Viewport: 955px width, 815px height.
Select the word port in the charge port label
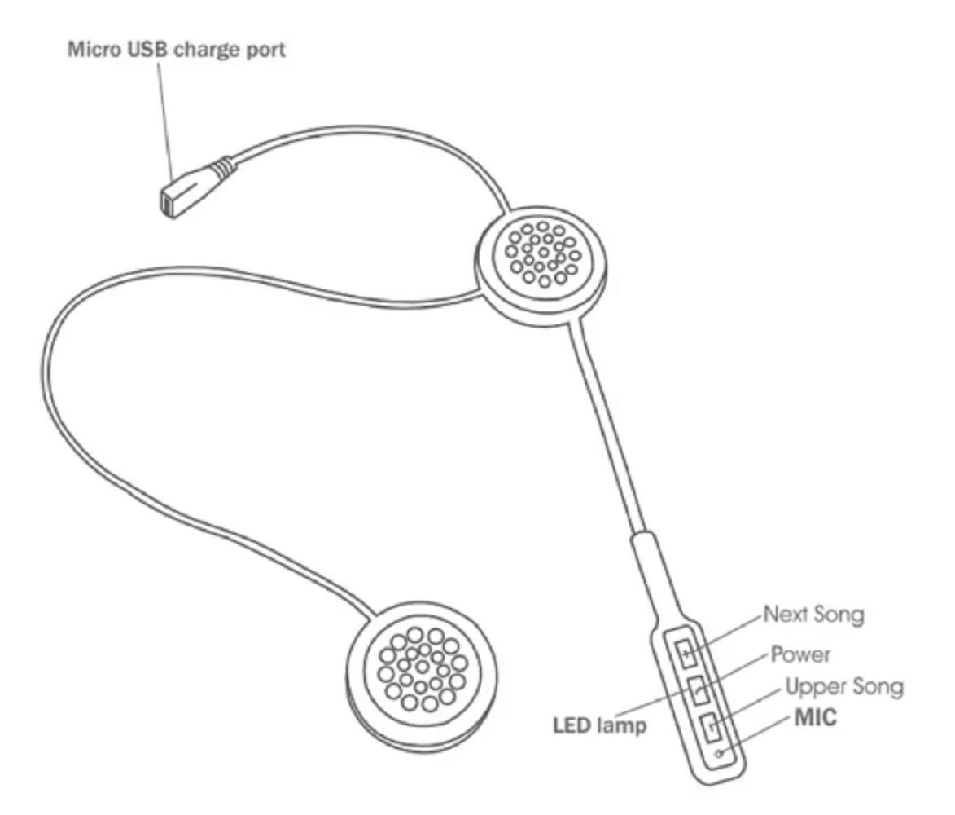tap(265, 50)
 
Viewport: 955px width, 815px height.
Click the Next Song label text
tap(813, 615)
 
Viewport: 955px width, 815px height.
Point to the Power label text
tap(800, 654)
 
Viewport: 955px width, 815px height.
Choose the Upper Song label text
tap(844, 687)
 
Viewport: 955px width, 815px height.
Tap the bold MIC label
tap(816, 717)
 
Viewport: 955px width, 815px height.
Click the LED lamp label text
tap(599, 725)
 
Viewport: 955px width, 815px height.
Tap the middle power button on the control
tap(699, 690)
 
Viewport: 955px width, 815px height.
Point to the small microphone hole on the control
tap(720, 754)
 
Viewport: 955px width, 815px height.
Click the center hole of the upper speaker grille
tap(543, 253)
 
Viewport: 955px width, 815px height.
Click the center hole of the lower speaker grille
tap(422, 667)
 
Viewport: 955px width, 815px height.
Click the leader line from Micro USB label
tap(165, 120)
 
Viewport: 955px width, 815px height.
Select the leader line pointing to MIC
tap(756, 735)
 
